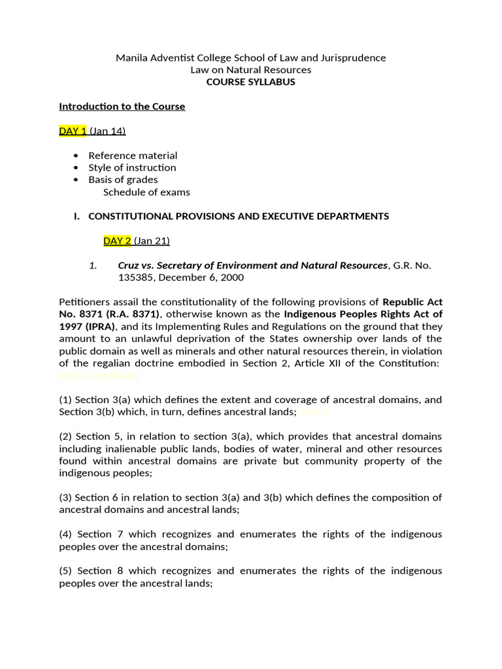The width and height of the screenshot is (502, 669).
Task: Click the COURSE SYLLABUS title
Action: click(x=251, y=82)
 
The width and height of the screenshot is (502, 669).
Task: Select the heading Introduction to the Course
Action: click(x=122, y=106)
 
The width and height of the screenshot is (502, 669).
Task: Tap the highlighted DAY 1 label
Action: click(x=73, y=131)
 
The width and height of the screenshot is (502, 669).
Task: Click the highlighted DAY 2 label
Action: click(x=118, y=241)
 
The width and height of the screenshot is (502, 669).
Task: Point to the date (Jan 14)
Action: click(x=108, y=131)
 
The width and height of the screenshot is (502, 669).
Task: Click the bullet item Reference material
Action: click(x=133, y=155)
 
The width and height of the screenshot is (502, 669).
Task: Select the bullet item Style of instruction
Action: click(x=132, y=168)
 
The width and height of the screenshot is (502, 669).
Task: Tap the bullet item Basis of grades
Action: click(x=123, y=180)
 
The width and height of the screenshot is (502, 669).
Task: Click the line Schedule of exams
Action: click(x=146, y=192)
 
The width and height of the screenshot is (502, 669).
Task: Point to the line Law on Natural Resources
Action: click(x=251, y=70)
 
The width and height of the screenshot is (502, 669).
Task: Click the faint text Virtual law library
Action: click(x=99, y=376)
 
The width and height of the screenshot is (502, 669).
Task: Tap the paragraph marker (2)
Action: click(x=65, y=436)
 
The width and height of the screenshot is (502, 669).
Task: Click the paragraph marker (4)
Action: click(x=65, y=534)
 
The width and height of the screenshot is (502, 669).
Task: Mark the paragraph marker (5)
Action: click(x=65, y=571)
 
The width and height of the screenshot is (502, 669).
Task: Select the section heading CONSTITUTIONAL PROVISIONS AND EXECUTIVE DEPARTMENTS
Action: click(x=239, y=216)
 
